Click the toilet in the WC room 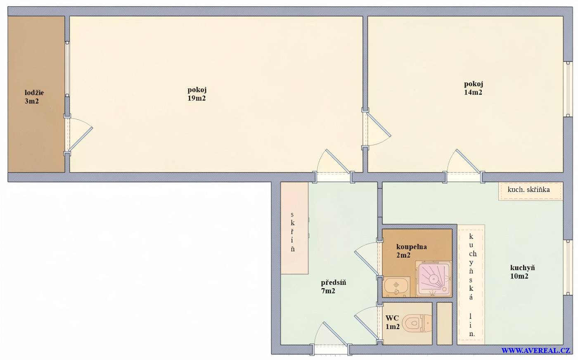click(x=417, y=323)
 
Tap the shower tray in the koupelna click(x=434, y=279)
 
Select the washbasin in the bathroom click(x=397, y=287)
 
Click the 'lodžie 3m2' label click(x=34, y=97)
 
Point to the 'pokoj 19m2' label click(x=197, y=94)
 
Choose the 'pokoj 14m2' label click(x=473, y=88)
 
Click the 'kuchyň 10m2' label click(x=522, y=272)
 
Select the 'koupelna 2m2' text click(x=411, y=251)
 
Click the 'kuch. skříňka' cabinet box click(x=531, y=191)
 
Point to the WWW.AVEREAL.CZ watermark click(x=535, y=351)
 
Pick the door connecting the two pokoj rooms click(x=379, y=124)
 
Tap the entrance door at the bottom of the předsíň click(x=335, y=334)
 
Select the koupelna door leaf click(x=367, y=263)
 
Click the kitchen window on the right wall click(x=568, y=268)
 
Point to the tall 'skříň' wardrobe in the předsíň click(x=294, y=228)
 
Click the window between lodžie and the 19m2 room click(x=67, y=69)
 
